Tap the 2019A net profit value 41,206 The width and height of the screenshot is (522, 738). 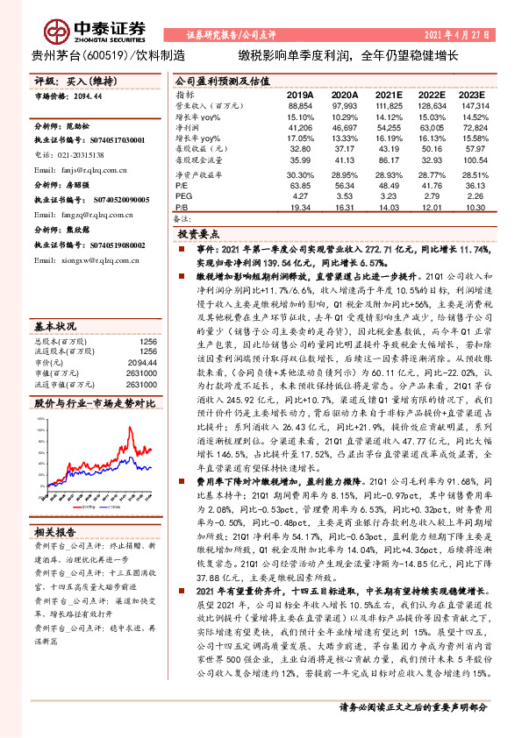pos(300,127)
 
